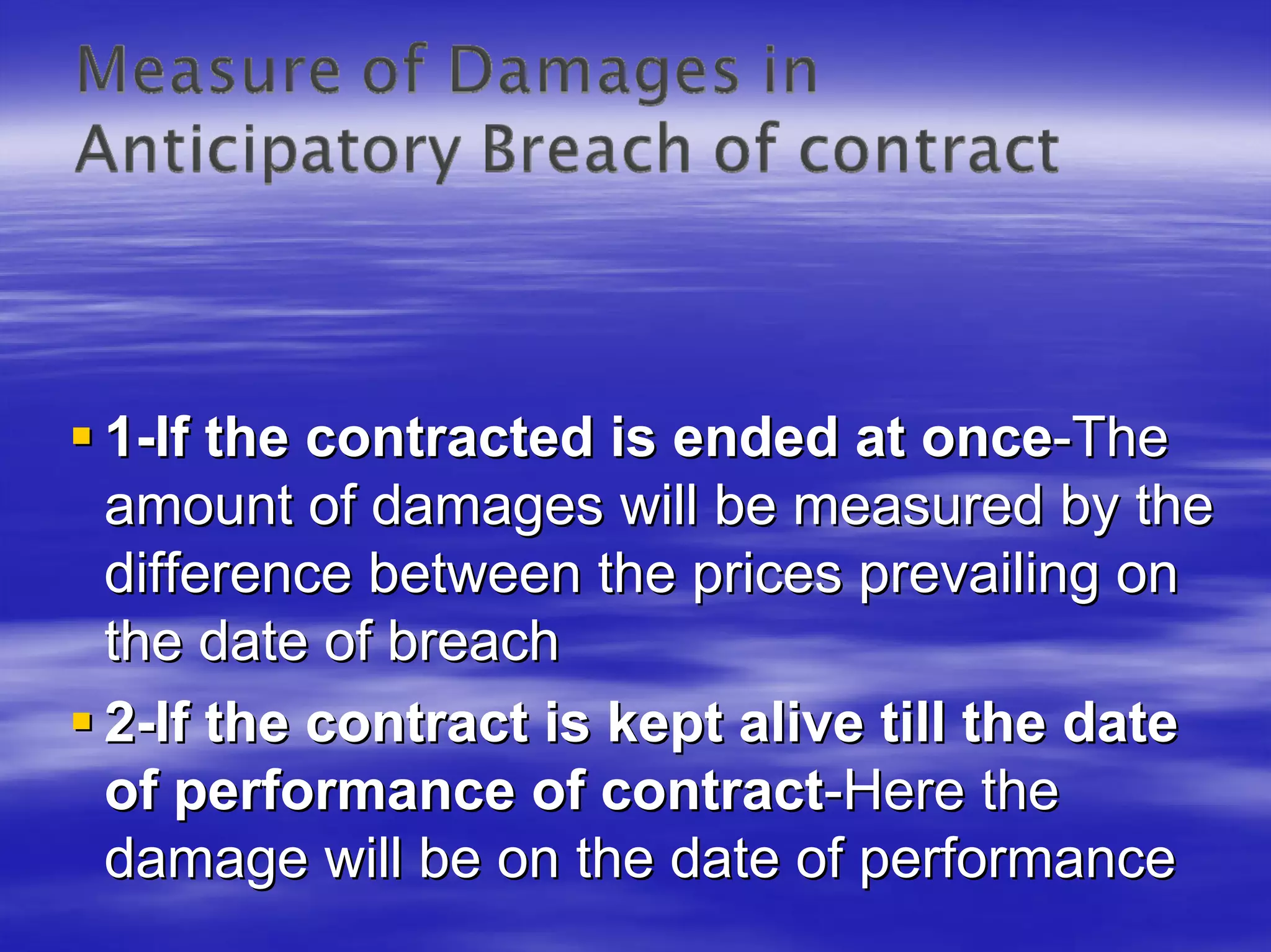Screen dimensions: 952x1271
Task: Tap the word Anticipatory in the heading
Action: point(267,151)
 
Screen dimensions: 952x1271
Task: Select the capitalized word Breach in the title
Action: point(586,149)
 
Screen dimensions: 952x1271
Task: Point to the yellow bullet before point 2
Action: point(81,722)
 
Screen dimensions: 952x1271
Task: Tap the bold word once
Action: point(987,438)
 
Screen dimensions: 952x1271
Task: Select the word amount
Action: point(199,506)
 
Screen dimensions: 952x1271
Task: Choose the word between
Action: point(475,574)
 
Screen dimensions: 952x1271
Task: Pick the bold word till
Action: point(913,724)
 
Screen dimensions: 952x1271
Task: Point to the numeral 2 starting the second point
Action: point(119,724)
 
